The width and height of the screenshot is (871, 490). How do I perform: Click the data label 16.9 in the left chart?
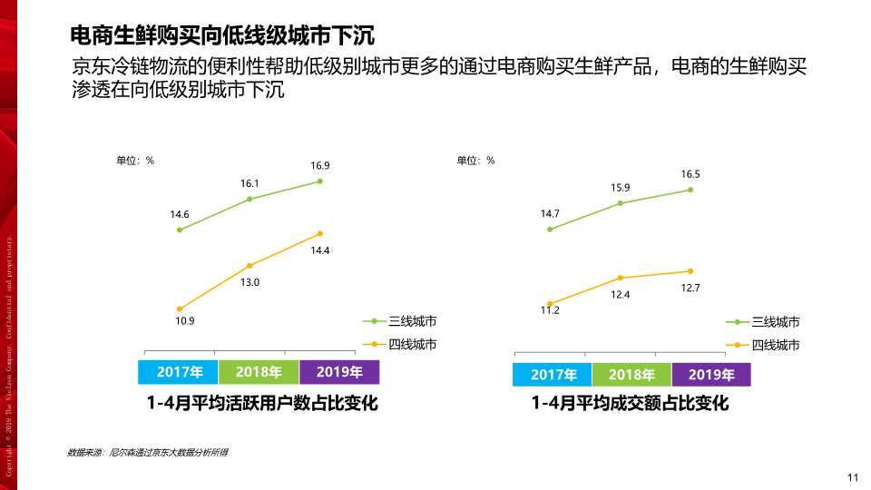click(x=320, y=166)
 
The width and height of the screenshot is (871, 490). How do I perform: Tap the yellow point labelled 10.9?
click(x=180, y=309)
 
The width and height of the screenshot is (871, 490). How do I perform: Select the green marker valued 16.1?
click(x=250, y=199)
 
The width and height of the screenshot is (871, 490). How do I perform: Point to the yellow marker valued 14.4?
click(x=320, y=233)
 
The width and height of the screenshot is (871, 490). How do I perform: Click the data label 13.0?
click(x=250, y=282)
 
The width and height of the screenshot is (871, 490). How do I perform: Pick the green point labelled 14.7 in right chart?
click(x=550, y=230)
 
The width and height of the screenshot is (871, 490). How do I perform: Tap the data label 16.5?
click(x=690, y=173)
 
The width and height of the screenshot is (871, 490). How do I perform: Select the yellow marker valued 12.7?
click(x=690, y=270)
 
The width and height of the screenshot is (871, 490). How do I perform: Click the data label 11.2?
click(x=550, y=310)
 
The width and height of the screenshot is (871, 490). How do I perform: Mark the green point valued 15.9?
click(x=621, y=203)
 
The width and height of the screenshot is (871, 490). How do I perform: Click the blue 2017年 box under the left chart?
click(x=177, y=372)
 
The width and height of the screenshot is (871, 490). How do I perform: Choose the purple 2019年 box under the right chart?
click(x=710, y=375)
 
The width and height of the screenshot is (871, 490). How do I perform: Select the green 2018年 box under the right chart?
click(x=631, y=375)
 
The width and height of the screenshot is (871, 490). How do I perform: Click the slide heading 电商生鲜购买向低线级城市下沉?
click(x=223, y=36)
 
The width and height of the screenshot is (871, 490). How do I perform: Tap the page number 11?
click(x=852, y=478)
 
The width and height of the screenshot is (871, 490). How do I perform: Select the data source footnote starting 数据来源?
click(x=147, y=451)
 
